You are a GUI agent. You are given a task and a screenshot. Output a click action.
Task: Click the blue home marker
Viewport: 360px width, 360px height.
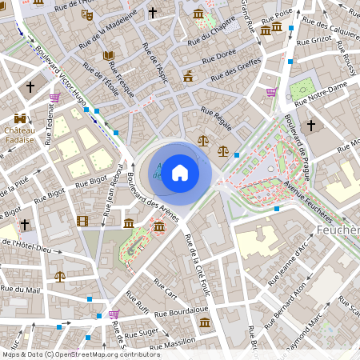(180, 172)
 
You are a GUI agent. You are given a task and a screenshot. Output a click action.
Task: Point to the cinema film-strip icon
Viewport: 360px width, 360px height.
(83, 220)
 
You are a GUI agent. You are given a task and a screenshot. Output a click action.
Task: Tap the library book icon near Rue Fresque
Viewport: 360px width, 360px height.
(110, 55)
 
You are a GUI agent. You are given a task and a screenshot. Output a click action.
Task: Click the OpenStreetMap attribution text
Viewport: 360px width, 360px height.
(81, 354)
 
